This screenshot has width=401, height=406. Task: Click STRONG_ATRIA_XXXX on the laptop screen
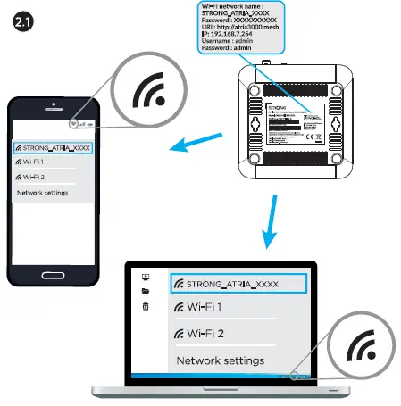[237, 283]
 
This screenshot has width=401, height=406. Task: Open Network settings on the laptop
[221, 360]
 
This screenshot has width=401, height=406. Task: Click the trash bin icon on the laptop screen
[146, 307]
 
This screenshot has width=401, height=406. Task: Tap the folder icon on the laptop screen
[146, 291]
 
